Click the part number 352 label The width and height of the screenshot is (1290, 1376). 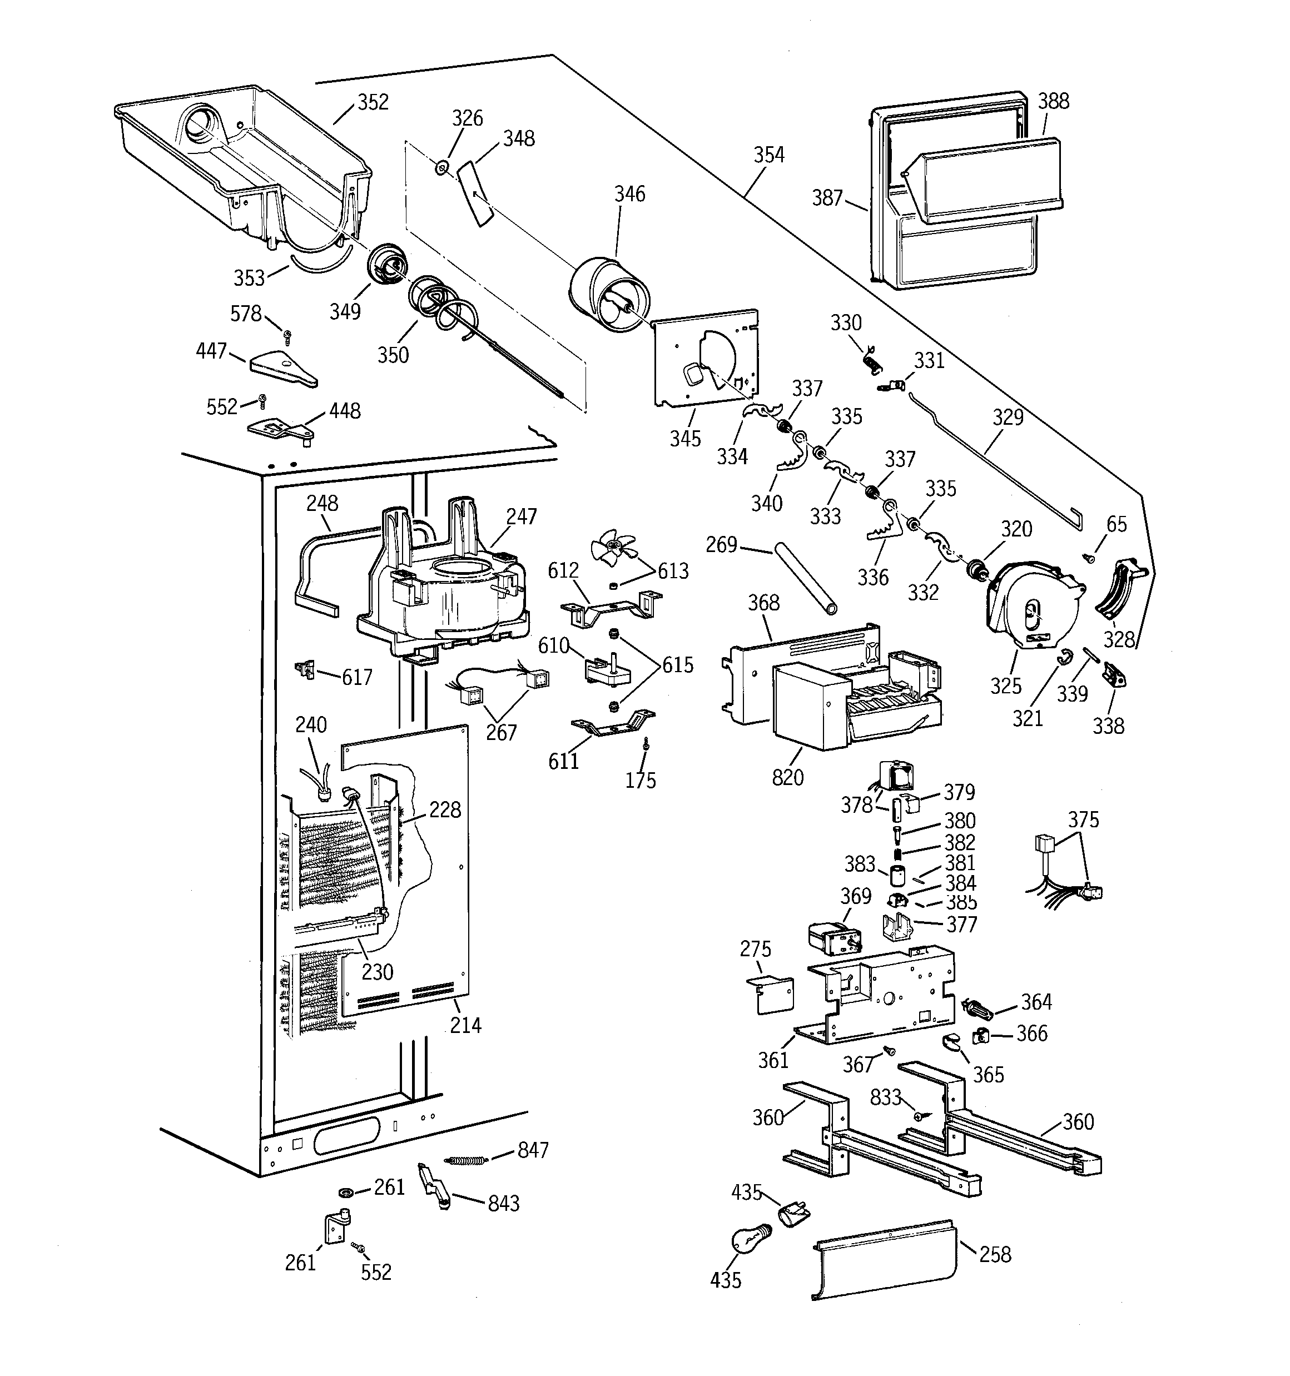click(x=373, y=102)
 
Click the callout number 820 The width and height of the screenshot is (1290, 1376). click(x=787, y=777)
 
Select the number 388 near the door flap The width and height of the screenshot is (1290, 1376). click(x=1053, y=102)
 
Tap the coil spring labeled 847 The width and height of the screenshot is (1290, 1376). click(x=469, y=1159)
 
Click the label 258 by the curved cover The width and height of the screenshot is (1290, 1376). click(x=995, y=1254)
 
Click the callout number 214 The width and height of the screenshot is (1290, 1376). click(x=465, y=1025)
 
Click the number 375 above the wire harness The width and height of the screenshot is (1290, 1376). click(x=1083, y=820)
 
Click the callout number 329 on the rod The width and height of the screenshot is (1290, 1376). click(x=1008, y=418)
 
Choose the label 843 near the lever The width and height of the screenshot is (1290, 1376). click(x=503, y=1204)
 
